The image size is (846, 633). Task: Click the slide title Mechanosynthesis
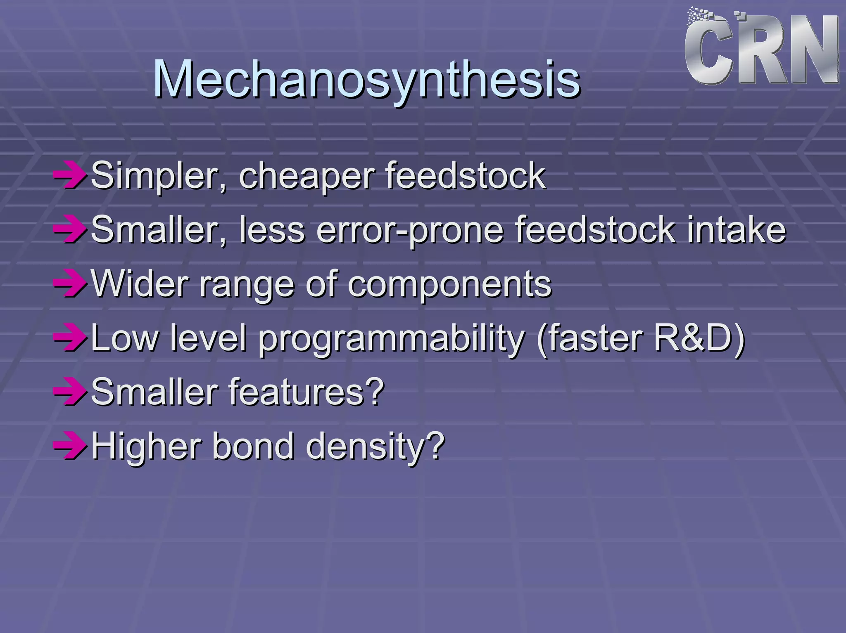[367, 79]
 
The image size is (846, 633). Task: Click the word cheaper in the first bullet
[307, 177]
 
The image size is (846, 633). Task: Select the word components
[449, 284]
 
